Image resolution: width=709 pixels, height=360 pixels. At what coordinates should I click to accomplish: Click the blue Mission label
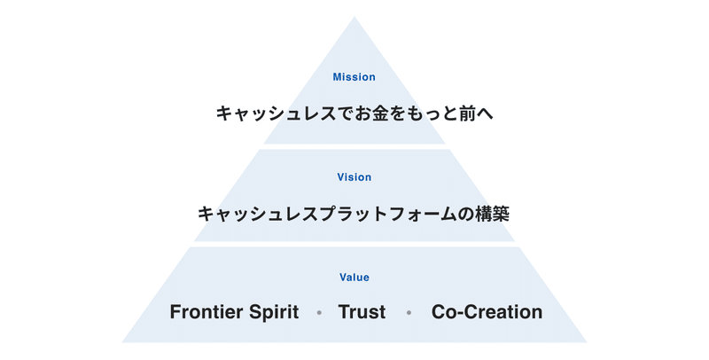pos(354,77)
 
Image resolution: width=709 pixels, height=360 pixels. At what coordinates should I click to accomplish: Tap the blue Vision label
pos(354,176)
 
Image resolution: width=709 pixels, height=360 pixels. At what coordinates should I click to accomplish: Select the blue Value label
pos(354,278)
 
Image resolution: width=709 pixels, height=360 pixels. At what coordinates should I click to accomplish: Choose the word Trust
pos(362,311)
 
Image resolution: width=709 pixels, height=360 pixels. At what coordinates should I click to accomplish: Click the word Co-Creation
pos(487,311)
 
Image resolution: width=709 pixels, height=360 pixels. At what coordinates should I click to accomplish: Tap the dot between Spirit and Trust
pos(319,312)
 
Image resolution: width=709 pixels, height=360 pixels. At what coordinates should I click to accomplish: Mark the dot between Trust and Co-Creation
pos(409,312)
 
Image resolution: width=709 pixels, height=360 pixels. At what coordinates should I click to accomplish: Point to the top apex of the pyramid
pos(354,17)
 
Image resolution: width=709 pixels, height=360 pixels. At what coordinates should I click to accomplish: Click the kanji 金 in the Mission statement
pos(383,113)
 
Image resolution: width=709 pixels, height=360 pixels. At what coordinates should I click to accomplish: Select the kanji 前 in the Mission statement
pos(468,113)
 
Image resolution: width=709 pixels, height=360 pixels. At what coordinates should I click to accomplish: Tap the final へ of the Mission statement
pos(485,113)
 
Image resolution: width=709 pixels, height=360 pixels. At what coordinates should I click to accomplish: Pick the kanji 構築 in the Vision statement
pos(492,214)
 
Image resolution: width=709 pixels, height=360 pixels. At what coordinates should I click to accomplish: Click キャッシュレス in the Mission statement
pos(277,113)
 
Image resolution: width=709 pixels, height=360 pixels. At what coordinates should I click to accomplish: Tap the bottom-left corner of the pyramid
pos(122,342)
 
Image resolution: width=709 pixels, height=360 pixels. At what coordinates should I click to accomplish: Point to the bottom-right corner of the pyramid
pos(587,342)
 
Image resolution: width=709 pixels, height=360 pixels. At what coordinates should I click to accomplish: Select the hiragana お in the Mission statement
pos(364,113)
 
